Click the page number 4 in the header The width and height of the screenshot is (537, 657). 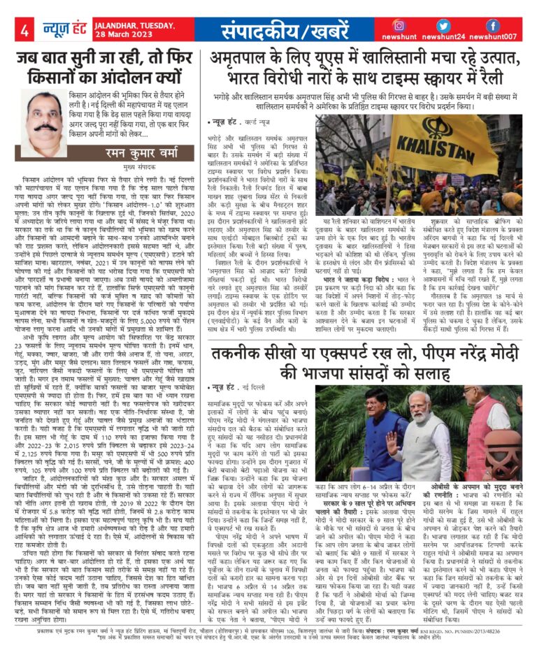click(x=24, y=30)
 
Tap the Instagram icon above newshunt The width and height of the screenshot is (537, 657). click(x=418, y=25)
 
